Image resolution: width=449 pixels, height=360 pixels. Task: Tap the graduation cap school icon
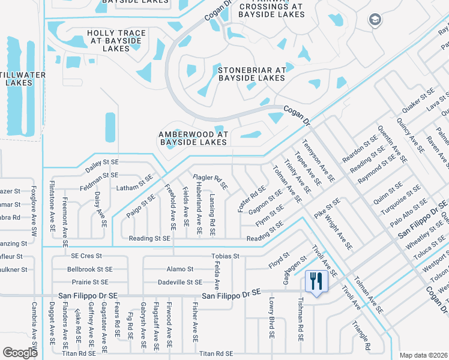(x=376, y=20)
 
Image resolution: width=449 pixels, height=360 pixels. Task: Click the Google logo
(x=20, y=353)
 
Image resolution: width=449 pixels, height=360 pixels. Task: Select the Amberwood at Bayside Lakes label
(x=193, y=139)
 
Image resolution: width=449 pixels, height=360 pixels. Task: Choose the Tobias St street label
(x=225, y=256)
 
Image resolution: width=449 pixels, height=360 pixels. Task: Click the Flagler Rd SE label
(x=210, y=182)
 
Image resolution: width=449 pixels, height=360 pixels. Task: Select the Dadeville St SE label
(x=179, y=281)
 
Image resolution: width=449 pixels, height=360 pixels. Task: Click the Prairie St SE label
(x=88, y=281)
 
